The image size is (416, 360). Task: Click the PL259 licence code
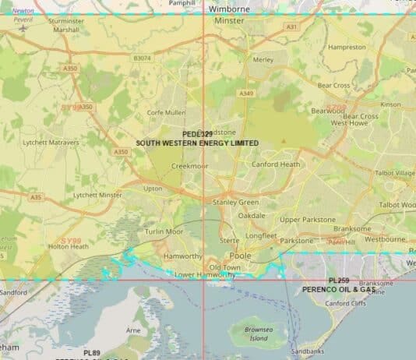point(338,281)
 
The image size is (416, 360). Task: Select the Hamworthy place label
point(183,256)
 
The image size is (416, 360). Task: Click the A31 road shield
point(291,26)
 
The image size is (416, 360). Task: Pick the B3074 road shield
point(142,58)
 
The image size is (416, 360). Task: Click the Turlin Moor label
point(164,231)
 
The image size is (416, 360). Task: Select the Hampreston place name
point(347,48)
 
